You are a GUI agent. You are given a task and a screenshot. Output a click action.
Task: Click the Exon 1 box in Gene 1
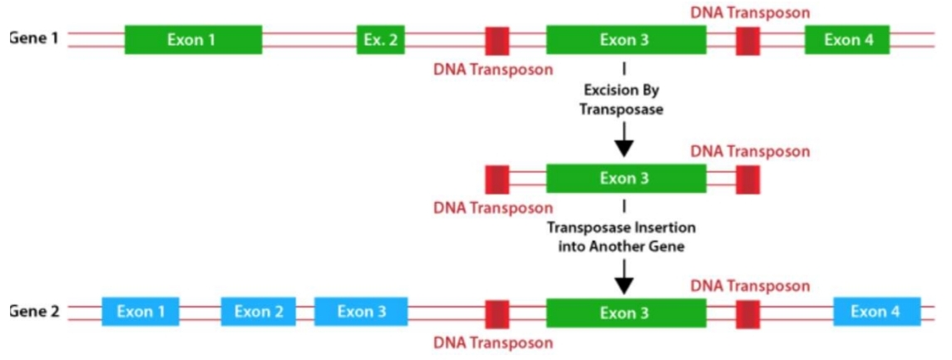pyautogui.click(x=193, y=39)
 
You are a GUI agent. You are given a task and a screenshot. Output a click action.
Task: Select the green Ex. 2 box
pyautogui.click(x=381, y=39)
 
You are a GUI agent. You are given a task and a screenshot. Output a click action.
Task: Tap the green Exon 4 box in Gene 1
pyautogui.click(x=846, y=39)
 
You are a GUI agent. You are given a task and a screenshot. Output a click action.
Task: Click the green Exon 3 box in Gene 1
pyautogui.click(x=625, y=39)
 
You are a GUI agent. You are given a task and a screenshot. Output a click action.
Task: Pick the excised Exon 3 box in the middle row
pyautogui.click(x=625, y=179)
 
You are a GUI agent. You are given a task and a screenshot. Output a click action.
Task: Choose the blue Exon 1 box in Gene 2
pyautogui.click(x=140, y=312)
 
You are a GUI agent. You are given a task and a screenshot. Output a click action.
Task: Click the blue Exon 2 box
pyautogui.click(x=259, y=312)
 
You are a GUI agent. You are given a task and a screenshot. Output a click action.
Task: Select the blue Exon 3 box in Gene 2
pyautogui.click(x=361, y=312)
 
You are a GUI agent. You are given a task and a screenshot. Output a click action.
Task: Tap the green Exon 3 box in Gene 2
pyautogui.click(x=625, y=313)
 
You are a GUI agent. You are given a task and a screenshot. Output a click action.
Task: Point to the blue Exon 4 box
pyautogui.click(x=877, y=312)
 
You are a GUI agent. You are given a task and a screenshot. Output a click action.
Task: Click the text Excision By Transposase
pyautogui.click(x=624, y=99)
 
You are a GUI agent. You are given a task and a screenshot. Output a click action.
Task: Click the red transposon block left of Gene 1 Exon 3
pyautogui.click(x=497, y=40)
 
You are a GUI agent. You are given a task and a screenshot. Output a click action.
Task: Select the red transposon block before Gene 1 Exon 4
pyautogui.click(x=747, y=40)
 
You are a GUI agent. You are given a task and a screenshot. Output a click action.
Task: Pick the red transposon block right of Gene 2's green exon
pyautogui.click(x=747, y=313)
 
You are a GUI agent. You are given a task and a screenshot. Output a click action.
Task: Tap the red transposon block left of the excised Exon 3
pyautogui.click(x=497, y=179)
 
